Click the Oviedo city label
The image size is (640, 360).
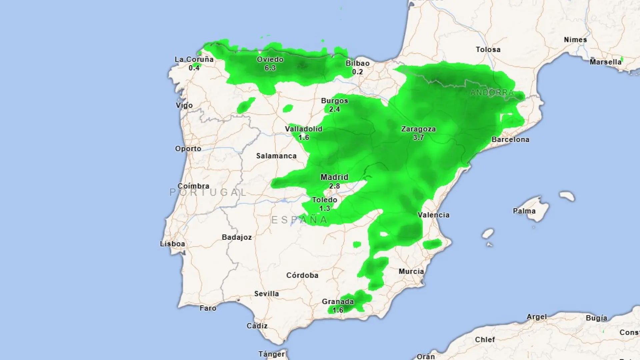[270, 59]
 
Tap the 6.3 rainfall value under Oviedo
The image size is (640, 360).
[270, 68]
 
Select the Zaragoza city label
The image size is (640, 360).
[418, 129]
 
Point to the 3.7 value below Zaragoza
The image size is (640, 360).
[418, 137]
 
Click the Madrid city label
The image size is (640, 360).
[334, 177]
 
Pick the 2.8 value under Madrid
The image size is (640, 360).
[334, 186]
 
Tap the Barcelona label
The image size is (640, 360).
[510, 139]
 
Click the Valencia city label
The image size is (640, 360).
[433, 215]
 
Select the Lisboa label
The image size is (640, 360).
[172, 244]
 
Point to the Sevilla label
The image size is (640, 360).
[266, 294]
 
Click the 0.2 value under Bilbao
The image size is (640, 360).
[357, 72]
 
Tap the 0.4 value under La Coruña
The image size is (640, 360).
[194, 68]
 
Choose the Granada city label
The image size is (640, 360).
[338, 302]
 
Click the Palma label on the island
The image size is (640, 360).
[524, 211]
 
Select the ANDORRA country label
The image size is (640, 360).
[492, 92]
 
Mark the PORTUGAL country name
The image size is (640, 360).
[208, 192]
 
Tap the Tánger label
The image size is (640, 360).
[272, 354]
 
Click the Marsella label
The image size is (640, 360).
[605, 62]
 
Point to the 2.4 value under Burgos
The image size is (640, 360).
[334, 109]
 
